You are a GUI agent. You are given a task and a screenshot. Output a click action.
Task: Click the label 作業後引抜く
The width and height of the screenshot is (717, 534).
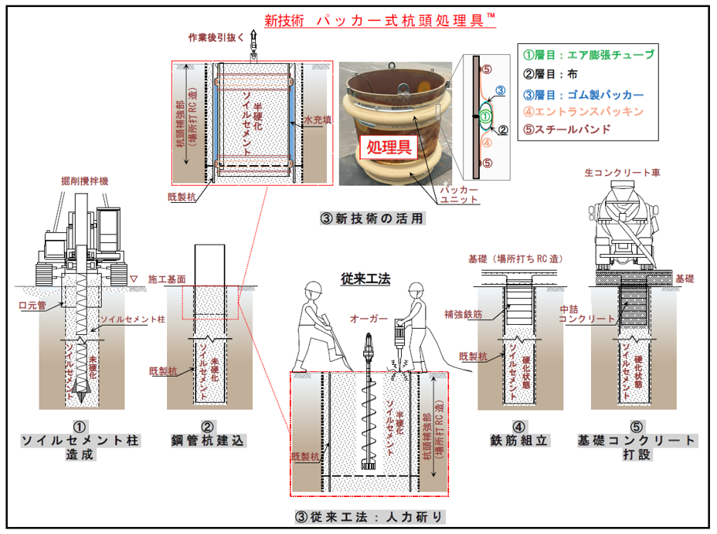point(217,37)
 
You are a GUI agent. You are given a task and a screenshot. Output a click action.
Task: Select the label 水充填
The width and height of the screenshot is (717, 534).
point(318,120)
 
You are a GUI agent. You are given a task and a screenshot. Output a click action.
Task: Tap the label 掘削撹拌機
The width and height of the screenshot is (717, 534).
point(84,181)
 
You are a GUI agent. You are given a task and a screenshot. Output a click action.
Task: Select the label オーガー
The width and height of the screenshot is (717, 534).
point(364,317)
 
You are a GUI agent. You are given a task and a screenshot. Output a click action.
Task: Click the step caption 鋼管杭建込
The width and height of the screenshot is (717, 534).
point(207,440)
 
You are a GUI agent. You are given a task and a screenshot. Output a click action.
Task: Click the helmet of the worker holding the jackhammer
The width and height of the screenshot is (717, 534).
point(417,288)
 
